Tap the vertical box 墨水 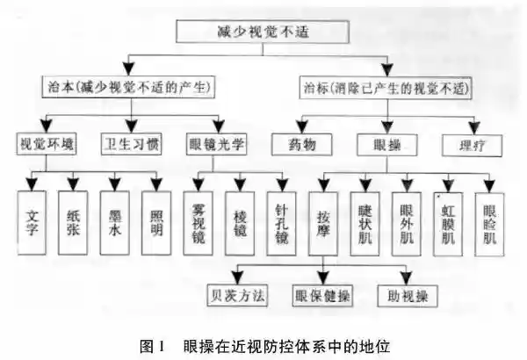click(x=114, y=223)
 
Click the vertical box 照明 click(x=156, y=223)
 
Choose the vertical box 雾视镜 click(x=199, y=223)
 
